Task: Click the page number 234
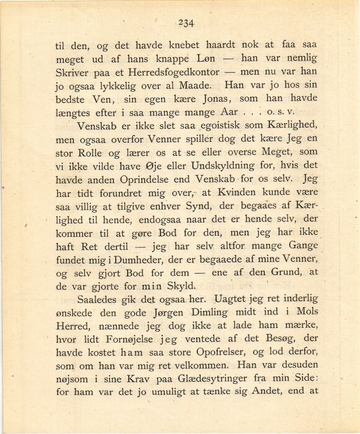[x=186, y=23]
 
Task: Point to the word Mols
[x=304, y=312]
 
